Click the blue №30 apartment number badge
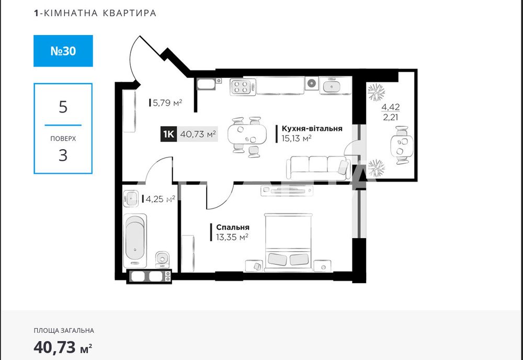click(x=63, y=51)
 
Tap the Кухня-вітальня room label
click(x=312, y=128)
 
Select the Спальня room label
click(x=232, y=228)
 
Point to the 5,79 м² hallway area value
click(x=166, y=103)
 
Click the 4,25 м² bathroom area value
click(x=160, y=199)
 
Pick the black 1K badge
click(x=168, y=134)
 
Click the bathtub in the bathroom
click(x=135, y=240)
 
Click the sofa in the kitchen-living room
click(x=317, y=167)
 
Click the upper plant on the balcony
click(x=376, y=93)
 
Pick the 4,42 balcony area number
click(x=391, y=107)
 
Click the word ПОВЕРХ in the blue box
click(x=63, y=139)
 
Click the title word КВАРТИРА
click(x=131, y=13)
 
